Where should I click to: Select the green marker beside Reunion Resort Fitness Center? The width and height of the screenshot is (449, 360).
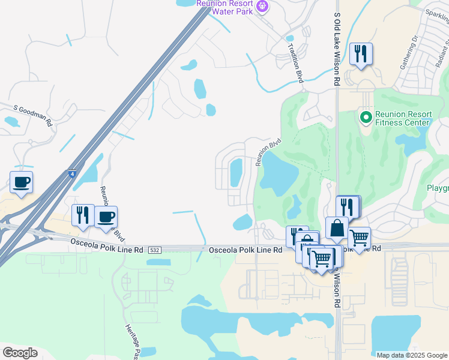(364, 116)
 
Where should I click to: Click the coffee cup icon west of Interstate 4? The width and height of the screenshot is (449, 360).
(21, 182)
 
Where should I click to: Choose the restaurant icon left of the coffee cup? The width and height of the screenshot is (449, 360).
(83, 216)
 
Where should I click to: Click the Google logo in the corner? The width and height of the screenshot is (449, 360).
(20, 353)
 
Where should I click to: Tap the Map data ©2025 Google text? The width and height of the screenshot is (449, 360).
(411, 355)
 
